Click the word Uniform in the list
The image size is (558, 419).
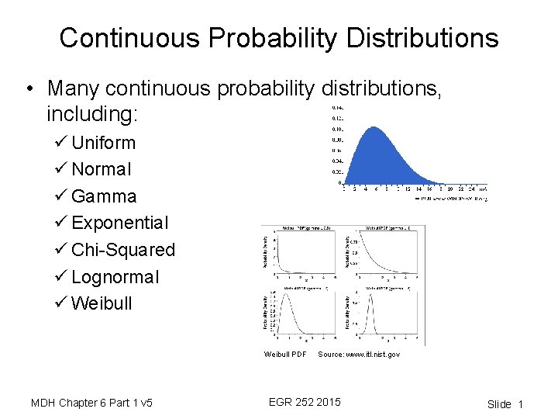[x=103, y=143]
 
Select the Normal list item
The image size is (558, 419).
[x=102, y=169]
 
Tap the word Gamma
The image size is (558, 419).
[x=104, y=196]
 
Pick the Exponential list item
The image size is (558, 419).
[x=119, y=223]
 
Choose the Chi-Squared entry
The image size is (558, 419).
[x=123, y=250]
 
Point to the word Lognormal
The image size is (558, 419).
[x=115, y=277]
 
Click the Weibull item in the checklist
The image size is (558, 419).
[x=102, y=303]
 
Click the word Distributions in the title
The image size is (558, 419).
[x=419, y=38]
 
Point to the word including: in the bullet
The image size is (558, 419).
[x=91, y=115]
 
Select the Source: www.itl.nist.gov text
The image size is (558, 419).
[x=359, y=355]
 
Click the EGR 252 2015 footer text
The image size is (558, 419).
[x=304, y=402]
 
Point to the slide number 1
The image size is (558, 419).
[x=521, y=404]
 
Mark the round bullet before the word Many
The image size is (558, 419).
[x=29, y=89]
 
